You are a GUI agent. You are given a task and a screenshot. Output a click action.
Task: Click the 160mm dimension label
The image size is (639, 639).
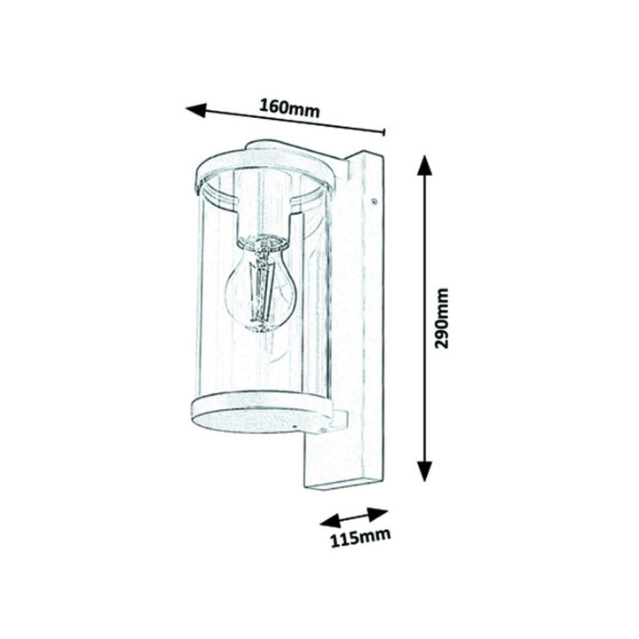click(289, 108)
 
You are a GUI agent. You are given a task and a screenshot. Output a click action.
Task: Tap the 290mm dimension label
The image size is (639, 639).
click(441, 319)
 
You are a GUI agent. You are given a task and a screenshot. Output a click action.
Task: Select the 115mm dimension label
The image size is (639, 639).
click(359, 538)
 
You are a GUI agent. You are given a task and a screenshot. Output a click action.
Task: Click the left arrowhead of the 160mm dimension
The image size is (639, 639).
click(196, 110)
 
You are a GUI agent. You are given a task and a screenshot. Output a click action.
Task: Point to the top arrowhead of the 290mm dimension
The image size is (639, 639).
click(424, 165)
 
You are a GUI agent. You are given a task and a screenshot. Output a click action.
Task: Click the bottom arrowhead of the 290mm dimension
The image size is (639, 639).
click(424, 471)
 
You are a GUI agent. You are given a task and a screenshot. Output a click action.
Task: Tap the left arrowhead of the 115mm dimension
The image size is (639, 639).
click(330, 522)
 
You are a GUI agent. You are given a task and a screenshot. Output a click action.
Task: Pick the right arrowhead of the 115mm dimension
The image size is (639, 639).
click(377, 513)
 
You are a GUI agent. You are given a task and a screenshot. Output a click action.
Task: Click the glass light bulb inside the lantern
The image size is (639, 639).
click(259, 285)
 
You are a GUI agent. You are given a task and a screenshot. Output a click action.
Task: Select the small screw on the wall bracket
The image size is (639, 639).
click(373, 201)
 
